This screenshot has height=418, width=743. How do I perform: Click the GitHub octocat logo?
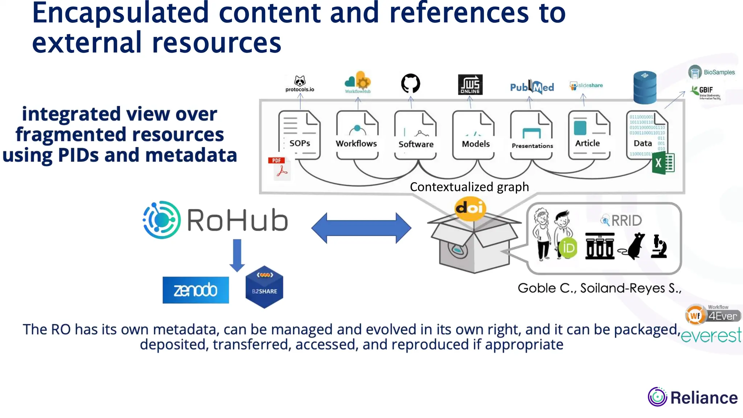[x=410, y=84]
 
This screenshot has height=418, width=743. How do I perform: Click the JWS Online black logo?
[x=470, y=85]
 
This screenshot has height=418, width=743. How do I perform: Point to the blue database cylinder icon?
[x=645, y=87]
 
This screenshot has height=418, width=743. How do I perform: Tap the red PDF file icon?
[x=279, y=169]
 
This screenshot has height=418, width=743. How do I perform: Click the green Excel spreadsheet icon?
[x=663, y=163]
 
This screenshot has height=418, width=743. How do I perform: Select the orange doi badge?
[x=470, y=208]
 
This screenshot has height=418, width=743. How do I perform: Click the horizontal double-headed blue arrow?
[x=361, y=228]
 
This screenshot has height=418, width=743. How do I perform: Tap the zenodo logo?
[x=196, y=290]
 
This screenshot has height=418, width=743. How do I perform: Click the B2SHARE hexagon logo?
[x=264, y=287]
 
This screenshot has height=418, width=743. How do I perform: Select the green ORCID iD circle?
[x=568, y=248]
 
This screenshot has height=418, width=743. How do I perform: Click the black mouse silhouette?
[x=633, y=246]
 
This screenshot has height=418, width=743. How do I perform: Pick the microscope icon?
[x=659, y=246]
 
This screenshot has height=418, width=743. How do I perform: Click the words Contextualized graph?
[x=469, y=187]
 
